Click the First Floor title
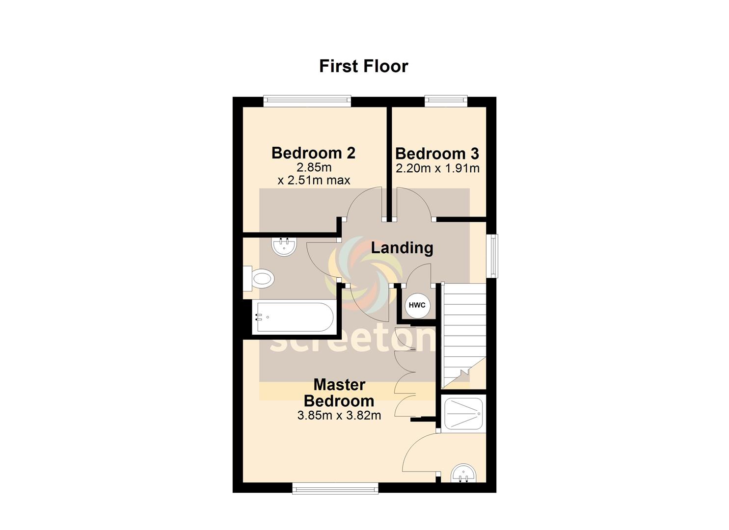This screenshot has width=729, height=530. tap(364, 66)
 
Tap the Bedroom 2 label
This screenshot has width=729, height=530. tap(313, 153)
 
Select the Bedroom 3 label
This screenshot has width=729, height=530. tap(437, 154)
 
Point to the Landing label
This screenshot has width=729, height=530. tap(402, 248)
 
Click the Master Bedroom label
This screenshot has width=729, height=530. tap(339, 393)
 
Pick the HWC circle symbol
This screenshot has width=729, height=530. tap(417, 305)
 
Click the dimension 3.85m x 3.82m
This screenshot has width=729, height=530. tap(339, 416)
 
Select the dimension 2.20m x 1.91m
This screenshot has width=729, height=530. tap(437, 168)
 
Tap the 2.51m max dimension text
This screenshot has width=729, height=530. tap(314, 180)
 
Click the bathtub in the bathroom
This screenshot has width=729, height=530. tap(295, 317)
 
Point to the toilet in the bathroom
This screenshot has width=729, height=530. tap(259, 279)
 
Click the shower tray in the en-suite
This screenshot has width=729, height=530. tap(463, 414)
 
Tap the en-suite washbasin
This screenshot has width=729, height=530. tap(463, 473)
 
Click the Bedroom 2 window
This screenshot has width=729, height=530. tap(307, 101)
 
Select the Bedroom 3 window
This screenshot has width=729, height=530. tap(446, 101)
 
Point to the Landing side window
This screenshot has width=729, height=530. tap(492, 256)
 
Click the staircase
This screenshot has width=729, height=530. tap(464, 335)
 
